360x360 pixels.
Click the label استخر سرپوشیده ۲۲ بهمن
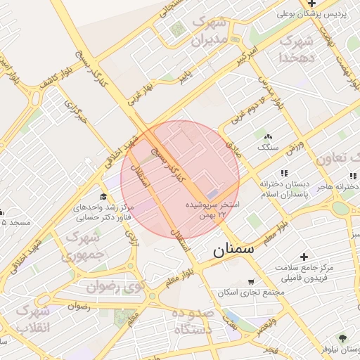pos(212,209)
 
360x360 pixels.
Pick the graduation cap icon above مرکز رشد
pos(103,196)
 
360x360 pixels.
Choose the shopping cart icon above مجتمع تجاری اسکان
pos(251,282)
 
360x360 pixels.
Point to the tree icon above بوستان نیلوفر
pos(342,338)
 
